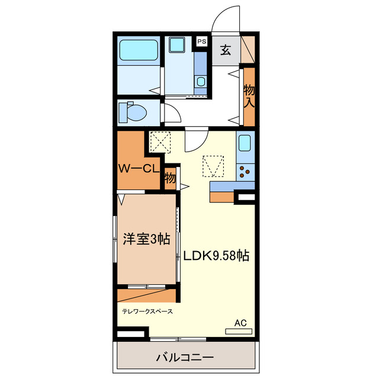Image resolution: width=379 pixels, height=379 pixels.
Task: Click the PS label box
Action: (x=202, y=41)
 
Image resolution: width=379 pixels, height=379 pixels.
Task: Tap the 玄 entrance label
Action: (x=226, y=51)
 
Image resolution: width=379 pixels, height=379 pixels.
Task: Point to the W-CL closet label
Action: (x=137, y=168)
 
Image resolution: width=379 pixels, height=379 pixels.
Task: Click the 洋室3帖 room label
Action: (x=146, y=239)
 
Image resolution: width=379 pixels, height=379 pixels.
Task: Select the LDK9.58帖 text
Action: (x=215, y=256)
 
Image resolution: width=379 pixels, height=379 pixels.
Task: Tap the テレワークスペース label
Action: (x=147, y=310)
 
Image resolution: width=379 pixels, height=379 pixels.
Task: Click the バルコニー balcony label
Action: (x=185, y=358)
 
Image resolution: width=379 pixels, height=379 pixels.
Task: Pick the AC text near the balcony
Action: (x=240, y=323)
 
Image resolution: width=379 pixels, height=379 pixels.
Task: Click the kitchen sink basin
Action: (x=245, y=143)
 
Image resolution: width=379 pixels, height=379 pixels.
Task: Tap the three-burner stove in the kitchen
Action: (x=245, y=172)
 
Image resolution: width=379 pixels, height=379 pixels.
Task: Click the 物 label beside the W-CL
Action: (x=170, y=177)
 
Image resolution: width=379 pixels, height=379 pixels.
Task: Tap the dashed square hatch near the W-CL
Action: (x=159, y=142)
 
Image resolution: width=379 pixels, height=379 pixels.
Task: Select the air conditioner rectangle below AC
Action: (x=239, y=331)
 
